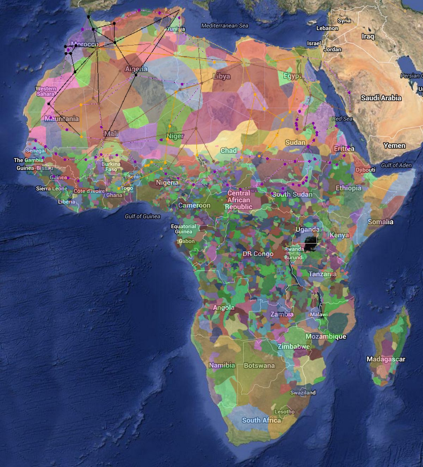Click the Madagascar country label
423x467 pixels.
(386, 359)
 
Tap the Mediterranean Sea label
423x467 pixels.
(225, 25)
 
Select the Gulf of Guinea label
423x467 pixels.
(142, 216)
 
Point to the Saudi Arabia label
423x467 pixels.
(381, 98)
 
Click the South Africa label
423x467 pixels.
(261, 420)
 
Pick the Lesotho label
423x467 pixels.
(284, 412)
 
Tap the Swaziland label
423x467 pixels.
(303, 392)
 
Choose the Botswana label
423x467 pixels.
(259, 366)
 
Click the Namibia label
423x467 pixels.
(222, 365)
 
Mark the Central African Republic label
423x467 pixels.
(239, 200)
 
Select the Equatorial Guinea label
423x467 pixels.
(184, 229)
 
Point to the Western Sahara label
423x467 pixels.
(46, 91)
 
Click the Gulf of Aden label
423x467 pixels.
(396, 165)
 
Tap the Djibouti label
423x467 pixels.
(366, 170)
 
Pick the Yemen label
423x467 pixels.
(394, 145)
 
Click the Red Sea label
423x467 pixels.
(342, 119)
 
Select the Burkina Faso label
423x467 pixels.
(111, 167)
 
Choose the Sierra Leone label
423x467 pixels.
(51, 189)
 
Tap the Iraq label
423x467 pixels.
(368, 36)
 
